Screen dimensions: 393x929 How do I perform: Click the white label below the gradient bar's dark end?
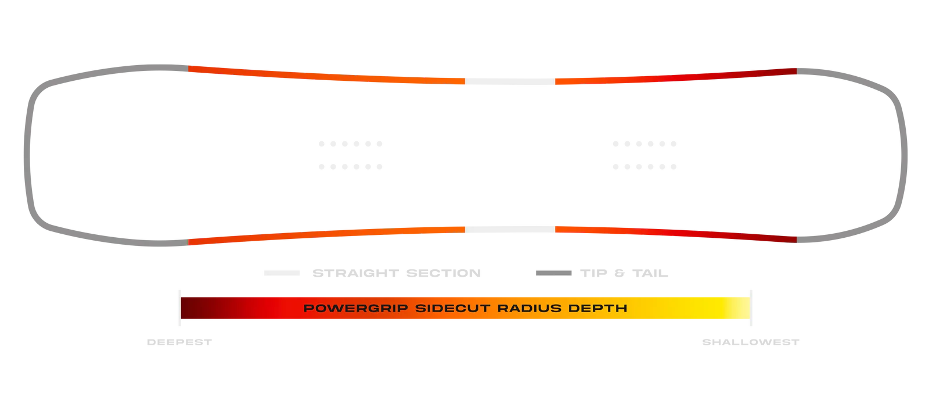179,342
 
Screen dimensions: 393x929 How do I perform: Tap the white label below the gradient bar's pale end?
752,342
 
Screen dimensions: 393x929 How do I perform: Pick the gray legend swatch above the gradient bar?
554,271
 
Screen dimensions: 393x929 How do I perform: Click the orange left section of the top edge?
325,75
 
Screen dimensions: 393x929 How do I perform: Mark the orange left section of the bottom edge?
325,234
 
